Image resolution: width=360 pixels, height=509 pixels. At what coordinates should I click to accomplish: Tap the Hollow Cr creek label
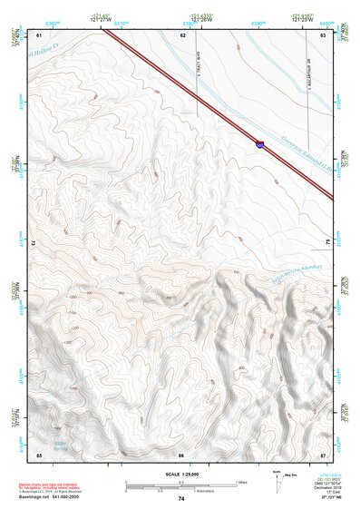pos(49,53)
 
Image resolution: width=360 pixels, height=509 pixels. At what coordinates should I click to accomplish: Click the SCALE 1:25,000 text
pos(180,475)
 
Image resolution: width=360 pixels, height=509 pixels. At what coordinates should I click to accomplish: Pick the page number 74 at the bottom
pos(181,499)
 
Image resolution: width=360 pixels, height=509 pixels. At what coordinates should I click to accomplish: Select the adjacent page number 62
pos(182,34)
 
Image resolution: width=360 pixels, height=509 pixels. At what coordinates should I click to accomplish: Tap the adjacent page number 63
pos(323,34)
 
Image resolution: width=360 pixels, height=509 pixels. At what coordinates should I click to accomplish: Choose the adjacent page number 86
pos(182,455)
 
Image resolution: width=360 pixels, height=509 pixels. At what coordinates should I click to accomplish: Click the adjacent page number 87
pos(323,455)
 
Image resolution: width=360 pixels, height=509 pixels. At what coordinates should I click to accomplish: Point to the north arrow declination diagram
pos(278,481)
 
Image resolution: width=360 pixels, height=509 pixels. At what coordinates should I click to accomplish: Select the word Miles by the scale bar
pos(240,482)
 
